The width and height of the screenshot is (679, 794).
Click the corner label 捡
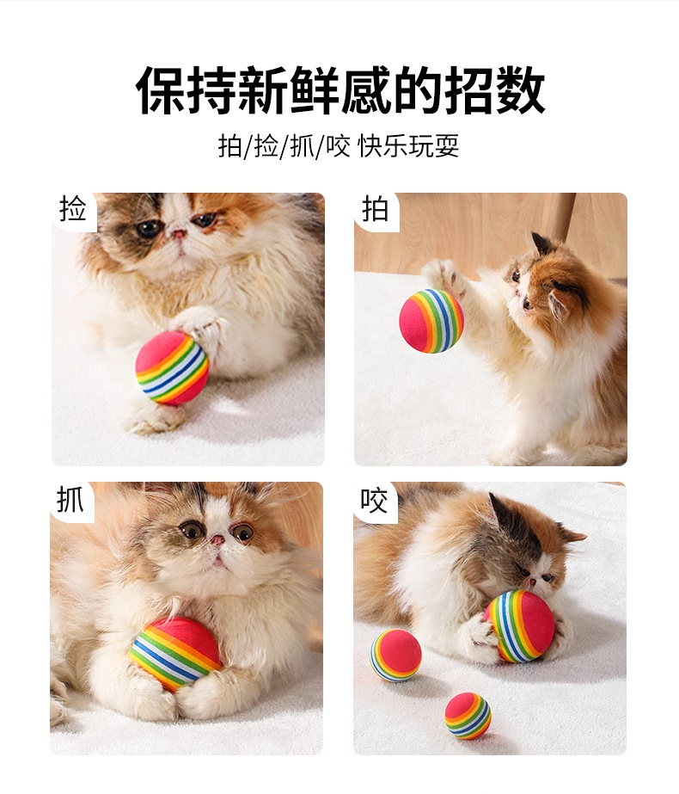point(72,209)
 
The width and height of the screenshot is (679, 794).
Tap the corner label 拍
point(375,209)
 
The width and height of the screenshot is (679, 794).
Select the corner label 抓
point(70,499)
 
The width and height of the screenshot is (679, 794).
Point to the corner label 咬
point(373,501)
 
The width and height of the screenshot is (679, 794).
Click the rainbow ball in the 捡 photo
point(172,366)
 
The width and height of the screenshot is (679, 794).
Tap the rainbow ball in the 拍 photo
point(431,320)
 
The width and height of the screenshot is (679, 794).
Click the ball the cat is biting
point(520,626)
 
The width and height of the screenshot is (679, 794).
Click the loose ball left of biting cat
point(395,656)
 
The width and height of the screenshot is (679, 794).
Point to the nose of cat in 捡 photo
point(179,233)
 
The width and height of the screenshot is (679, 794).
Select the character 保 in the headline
point(161,90)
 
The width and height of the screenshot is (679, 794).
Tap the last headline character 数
point(520,90)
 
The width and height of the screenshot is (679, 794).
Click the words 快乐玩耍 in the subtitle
point(409,146)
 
